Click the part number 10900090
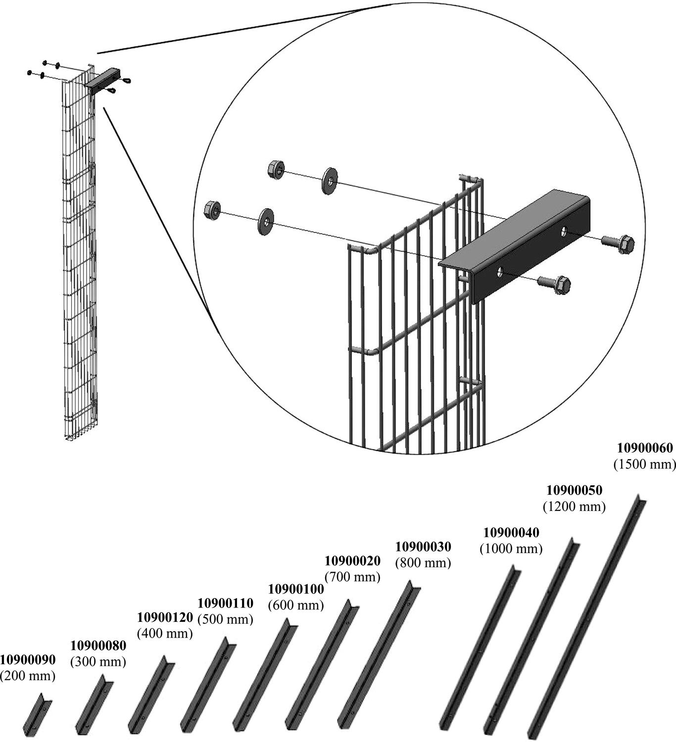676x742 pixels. tap(28, 659)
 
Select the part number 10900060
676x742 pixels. tap(645, 448)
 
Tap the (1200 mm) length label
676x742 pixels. tap(574, 507)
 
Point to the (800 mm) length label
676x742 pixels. tap(423, 563)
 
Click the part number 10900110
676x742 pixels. tap(225, 603)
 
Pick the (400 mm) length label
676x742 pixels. tap(165, 633)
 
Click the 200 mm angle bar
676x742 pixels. tap(38, 713)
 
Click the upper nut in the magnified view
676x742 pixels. tap(276, 170)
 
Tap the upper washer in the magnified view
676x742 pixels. tap(329, 181)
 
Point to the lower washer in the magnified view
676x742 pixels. tap(266, 221)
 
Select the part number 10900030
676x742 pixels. tap(423, 547)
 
